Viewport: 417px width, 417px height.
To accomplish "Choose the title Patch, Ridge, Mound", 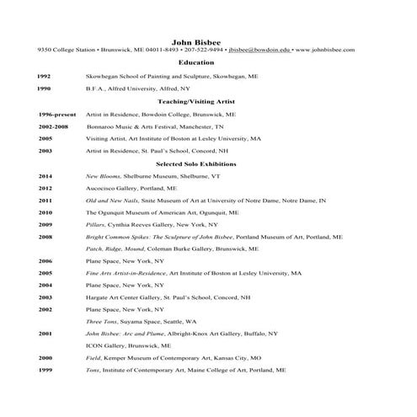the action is coord(114,249).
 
